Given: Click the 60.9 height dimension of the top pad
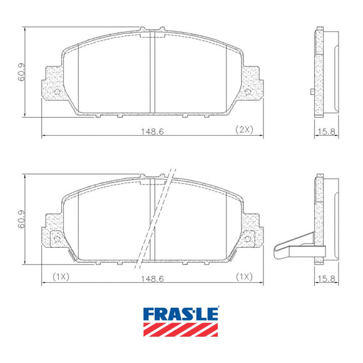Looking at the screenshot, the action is point(21,72).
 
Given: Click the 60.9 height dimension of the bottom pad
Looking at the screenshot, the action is point(21,219).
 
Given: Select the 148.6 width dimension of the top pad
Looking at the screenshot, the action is point(152,131).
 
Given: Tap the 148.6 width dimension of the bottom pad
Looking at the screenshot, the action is point(152,279).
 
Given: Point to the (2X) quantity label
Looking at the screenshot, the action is point(244,130).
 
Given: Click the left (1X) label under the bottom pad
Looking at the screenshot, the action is point(61,277).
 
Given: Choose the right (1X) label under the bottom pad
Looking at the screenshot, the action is point(244,277).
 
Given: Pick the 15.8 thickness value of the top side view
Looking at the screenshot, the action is point(327,131).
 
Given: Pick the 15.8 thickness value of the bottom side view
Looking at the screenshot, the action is point(327,279).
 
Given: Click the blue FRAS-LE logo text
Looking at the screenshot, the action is point(181,314).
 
